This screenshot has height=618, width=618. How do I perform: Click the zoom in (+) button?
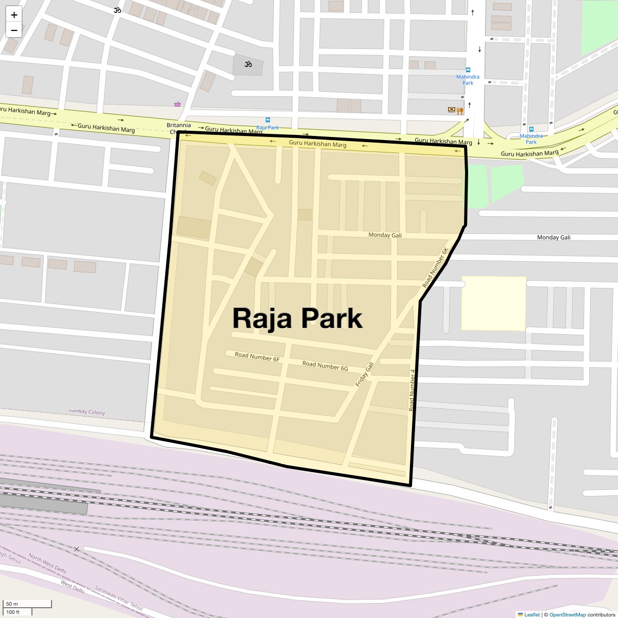(x=14, y=15)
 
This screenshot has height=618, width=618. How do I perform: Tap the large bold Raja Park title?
(x=297, y=318)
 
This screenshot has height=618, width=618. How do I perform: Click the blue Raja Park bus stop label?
(x=267, y=127)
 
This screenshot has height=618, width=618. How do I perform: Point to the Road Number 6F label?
(x=257, y=356)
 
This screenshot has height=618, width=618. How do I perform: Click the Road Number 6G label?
(x=325, y=366)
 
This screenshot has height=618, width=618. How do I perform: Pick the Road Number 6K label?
(x=436, y=268)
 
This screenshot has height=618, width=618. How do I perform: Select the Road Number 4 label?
(x=412, y=390)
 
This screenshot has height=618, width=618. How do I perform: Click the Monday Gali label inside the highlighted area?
(x=385, y=235)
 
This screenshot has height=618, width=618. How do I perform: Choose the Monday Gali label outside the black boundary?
(x=554, y=237)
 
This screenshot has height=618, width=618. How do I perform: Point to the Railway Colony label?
(x=87, y=412)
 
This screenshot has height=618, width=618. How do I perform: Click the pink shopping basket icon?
(x=178, y=104)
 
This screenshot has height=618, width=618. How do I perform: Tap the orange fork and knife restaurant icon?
(x=460, y=110)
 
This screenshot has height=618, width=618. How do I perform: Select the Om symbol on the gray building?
(x=248, y=64)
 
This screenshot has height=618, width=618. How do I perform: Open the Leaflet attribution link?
(x=532, y=614)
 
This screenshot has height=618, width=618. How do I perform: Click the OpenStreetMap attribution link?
(x=567, y=614)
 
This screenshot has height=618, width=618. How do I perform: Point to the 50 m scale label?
(x=12, y=604)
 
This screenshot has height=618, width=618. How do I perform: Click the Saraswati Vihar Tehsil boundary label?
(x=119, y=598)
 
